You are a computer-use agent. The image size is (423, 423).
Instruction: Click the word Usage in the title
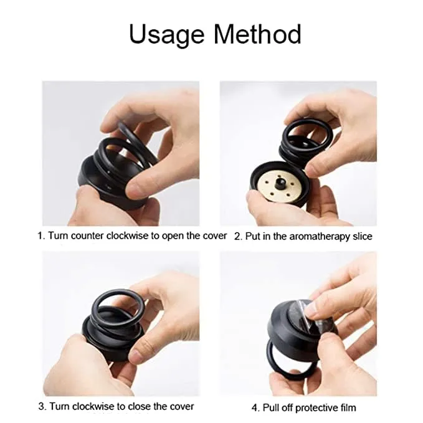(x=166, y=35)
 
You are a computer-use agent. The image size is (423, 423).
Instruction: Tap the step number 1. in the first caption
(x=42, y=237)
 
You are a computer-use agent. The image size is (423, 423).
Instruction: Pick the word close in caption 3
(x=141, y=407)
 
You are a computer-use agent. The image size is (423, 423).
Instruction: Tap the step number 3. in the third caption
(x=42, y=407)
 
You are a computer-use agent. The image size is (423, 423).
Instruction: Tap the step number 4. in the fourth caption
(x=255, y=408)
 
